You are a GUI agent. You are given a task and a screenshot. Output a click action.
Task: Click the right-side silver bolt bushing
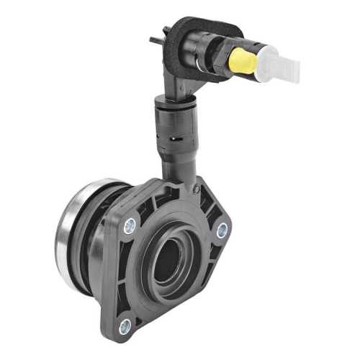coord(222,230)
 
